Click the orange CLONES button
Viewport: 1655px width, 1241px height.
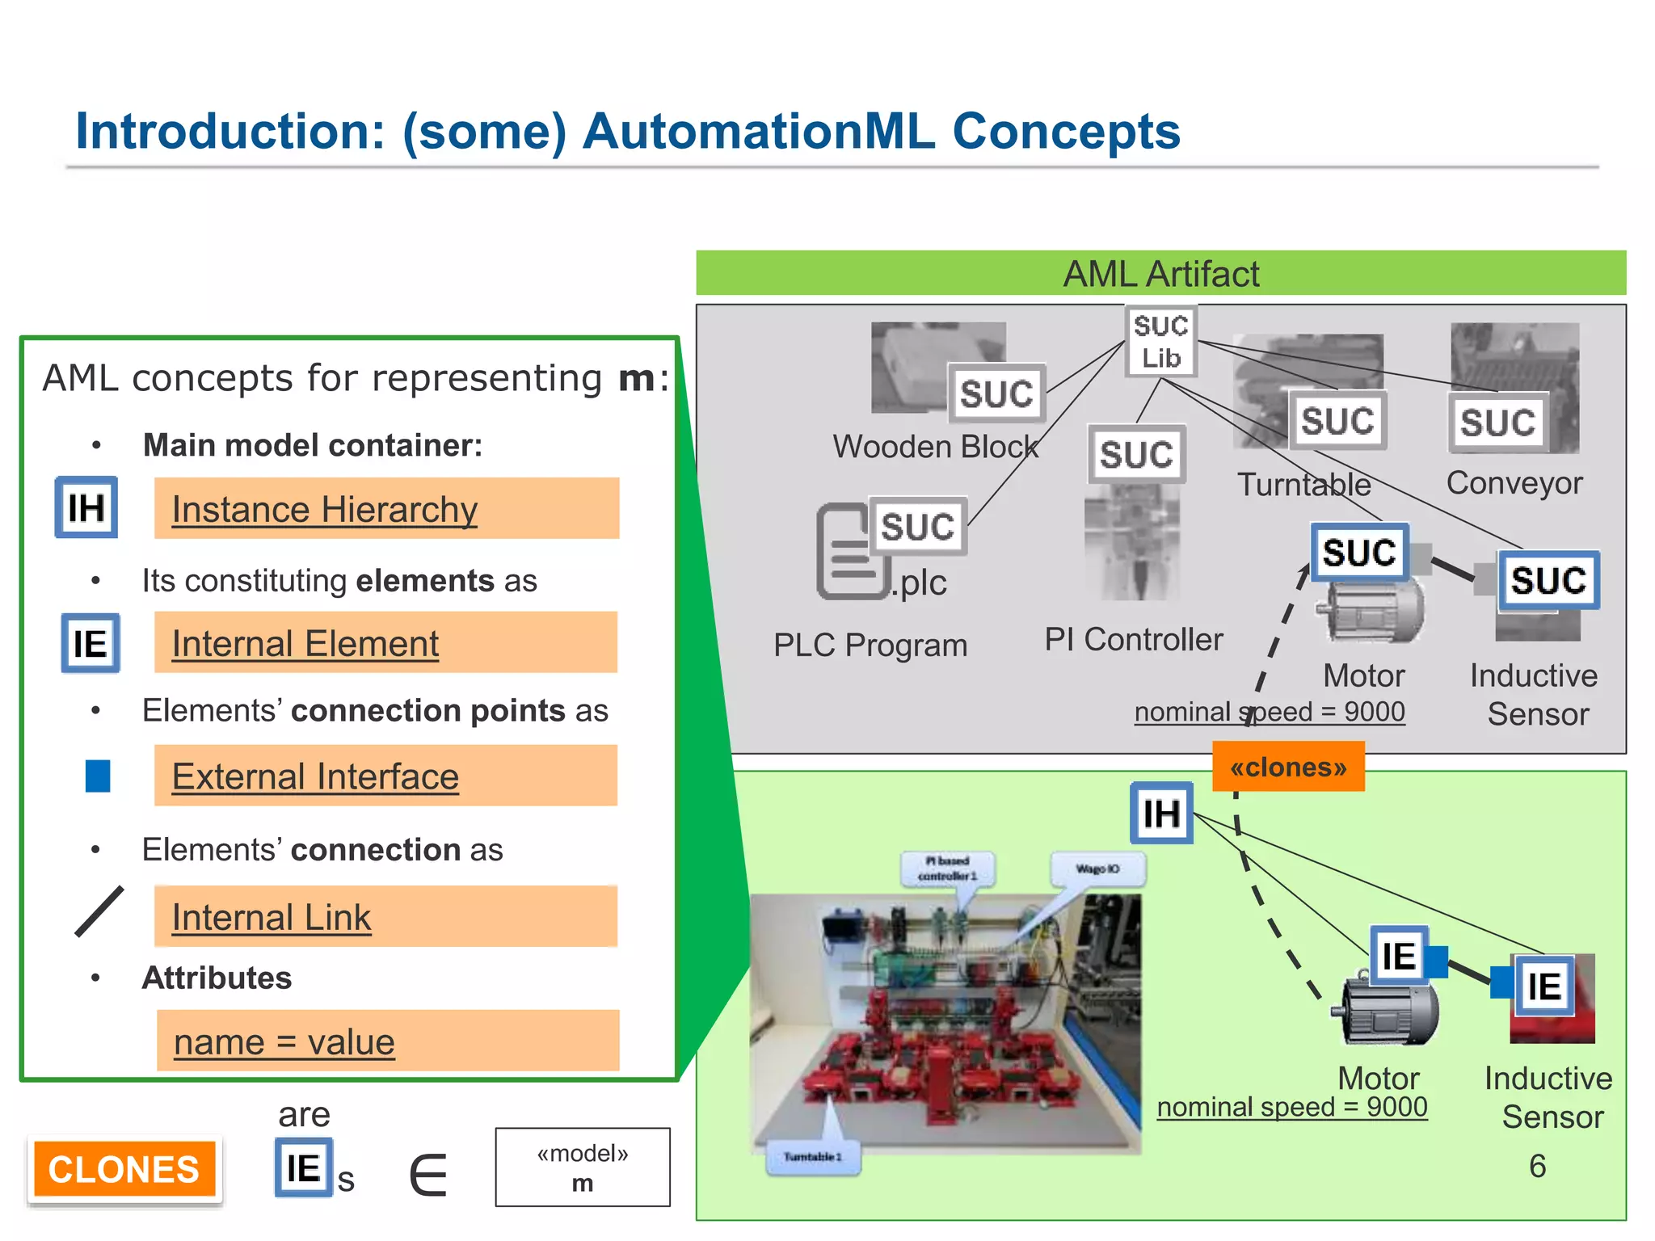pyautogui.click(x=124, y=1169)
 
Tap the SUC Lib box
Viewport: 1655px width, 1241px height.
pyautogui.click(x=1160, y=341)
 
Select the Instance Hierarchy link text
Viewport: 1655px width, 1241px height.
pyautogui.click(x=324, y=510)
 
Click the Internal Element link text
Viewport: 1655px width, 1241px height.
pyautogui.click(x=305, y=644)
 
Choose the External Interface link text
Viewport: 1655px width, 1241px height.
pyautogui.click(x=315, y=776)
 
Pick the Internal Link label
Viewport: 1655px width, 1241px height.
pyautogui.click(x=271, y=917)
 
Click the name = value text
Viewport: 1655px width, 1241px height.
pyautogui.click(x=284, y=1041)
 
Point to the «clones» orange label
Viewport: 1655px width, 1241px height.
pyautogui.click(x=1288, y=767)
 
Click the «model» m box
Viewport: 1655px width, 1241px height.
pyautogui.click(x=582, y=1167)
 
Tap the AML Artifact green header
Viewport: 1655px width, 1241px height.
pyautogui.click(x=1160, y=273)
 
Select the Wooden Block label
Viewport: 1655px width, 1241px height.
pyautogui.click(x=935, y=446)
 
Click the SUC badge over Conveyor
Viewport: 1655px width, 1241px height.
pyautogui.click(x=1497, y=422)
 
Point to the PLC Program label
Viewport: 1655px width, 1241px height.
pyautogui.click(x=870, y=645)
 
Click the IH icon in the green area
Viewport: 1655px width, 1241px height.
pyautogui.click(x=1161, y=814)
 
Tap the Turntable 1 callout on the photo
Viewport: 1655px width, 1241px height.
pyautogui.click(x=812, y=1157)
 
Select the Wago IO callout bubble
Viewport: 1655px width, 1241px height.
pyautogui.click(x=1097, y=869)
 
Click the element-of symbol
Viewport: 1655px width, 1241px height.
pyautogui.click(x=428, y=1175)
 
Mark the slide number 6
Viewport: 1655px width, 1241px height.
pyautogui.click(x=1537, y=1166)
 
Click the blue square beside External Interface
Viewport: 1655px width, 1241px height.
pyautogui.click(x=98, y=776)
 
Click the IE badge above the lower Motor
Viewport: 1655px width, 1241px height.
pyautogui.click(x=1398, y=955)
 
